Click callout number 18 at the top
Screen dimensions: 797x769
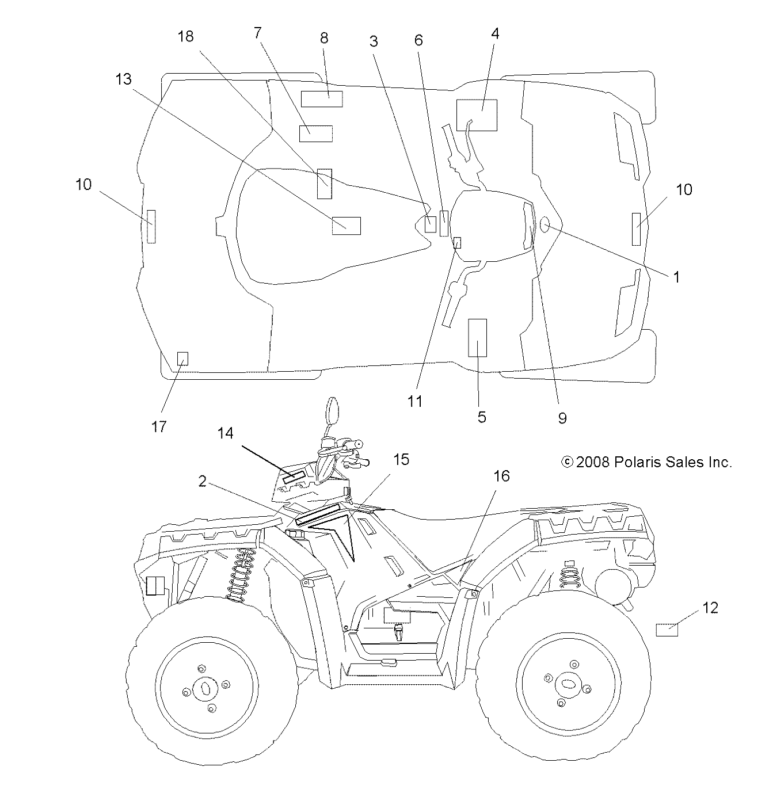click(185, 36)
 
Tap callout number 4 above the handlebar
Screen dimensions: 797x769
click(494, 33)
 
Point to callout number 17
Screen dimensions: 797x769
click(159, 426)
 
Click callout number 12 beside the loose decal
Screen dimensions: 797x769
click(710, 608)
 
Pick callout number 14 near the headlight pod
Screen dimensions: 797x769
click(226, 433)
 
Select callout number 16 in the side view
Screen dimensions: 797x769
click(501, 476)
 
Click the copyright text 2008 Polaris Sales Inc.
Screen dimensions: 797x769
click(646, 462)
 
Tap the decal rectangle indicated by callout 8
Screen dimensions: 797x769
click(322, 99)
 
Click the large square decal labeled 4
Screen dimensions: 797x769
click(477, 115)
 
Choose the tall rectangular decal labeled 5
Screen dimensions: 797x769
click(478, 338)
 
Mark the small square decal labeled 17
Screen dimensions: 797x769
click(182, 359)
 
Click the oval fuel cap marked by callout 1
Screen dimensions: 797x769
click(545, 224)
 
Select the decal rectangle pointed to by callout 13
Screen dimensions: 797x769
click(347, 226)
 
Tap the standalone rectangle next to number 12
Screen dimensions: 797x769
click(667, 630)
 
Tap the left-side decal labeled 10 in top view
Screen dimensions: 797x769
click(151, 226)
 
